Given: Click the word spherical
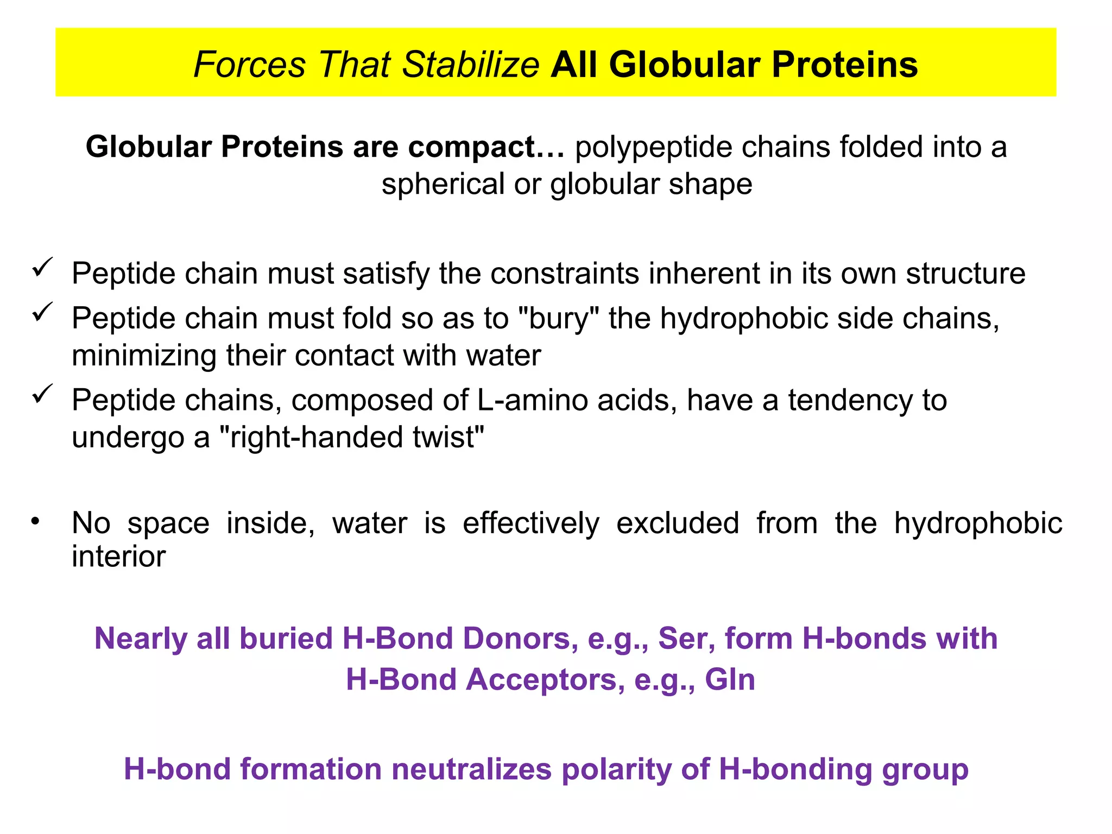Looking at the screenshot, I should click(x=443, y=184).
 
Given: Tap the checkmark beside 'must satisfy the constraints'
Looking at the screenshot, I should click(x=42, y=267).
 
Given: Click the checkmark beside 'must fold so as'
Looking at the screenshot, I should click(x=42, y=312).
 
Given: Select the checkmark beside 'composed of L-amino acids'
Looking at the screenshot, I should click(x=42, y=394).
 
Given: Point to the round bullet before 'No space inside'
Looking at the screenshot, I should click(x=36, y=522).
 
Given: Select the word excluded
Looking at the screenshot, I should click(x=678, y=523).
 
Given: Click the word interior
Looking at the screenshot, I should click(x=118, y=557).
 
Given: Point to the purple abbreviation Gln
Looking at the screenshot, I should click(x=730, y=679).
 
